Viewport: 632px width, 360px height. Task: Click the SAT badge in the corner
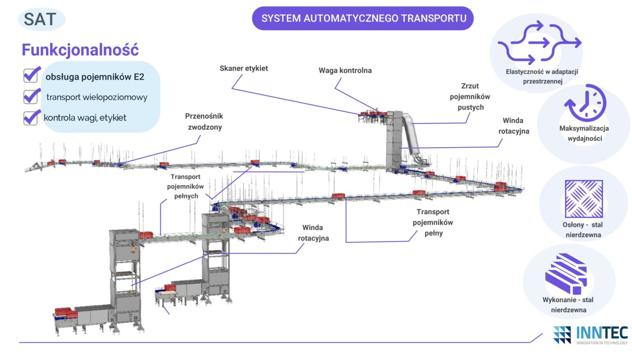click(41, 19)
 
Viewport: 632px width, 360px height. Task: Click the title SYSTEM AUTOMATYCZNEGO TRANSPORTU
click(363, 19)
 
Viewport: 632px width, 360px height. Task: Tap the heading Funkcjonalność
click(80, 50)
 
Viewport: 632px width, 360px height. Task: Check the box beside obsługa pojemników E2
click(31, 75)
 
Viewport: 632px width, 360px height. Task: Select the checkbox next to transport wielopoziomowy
click(31, 97)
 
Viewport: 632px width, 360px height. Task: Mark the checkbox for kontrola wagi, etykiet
click(31, 118)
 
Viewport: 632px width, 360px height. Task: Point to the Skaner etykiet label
click(244, 68)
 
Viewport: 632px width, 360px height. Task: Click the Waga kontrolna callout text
click(345, 70)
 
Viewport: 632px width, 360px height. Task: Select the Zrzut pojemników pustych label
click(470, 97)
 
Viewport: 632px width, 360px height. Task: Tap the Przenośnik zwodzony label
click(204, 121)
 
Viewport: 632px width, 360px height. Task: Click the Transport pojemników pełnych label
click(185, 186)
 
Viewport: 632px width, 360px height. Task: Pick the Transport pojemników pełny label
click(433, 222)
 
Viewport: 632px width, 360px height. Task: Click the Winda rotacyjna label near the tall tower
click(513, 126)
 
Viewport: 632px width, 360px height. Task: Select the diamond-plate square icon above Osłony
click(583, 199)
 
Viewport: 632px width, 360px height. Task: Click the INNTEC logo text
click(602, 332)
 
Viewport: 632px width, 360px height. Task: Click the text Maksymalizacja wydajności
click(584, 133)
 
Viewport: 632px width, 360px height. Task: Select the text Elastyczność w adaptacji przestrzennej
click(542, 77)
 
